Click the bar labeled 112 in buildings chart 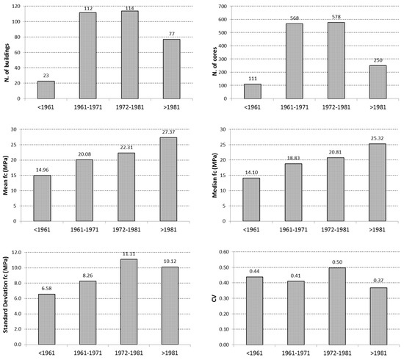[86, 68]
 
